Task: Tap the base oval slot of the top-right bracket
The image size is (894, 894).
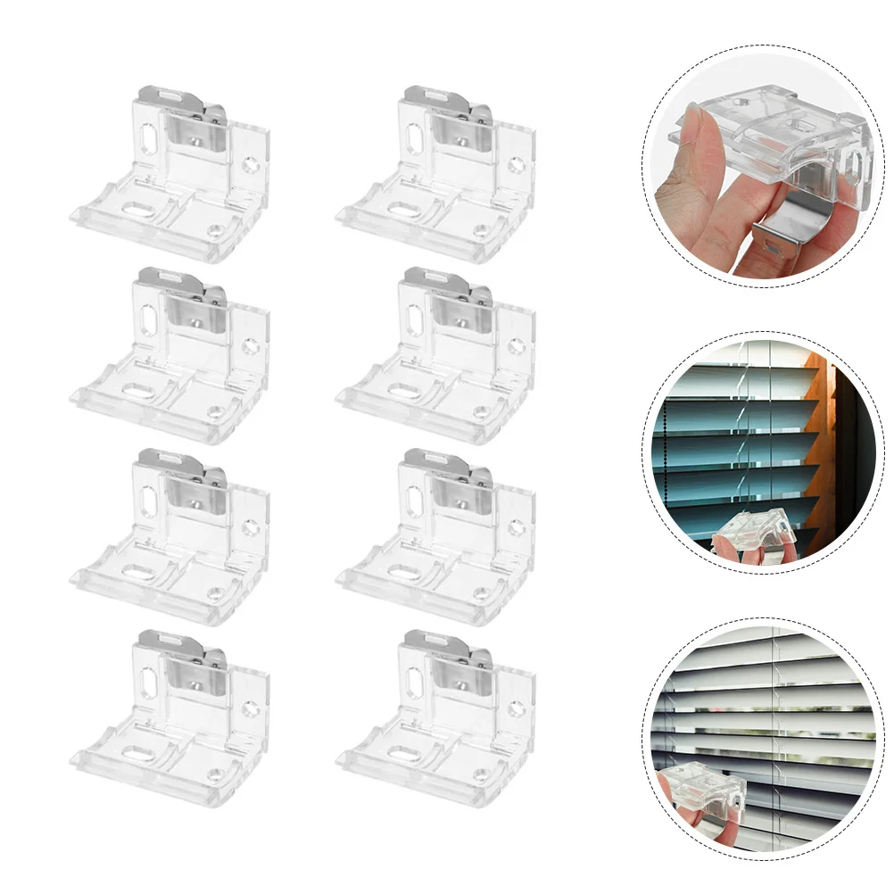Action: tap(405, 208)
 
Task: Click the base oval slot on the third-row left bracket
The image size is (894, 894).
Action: tap(139, 571)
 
